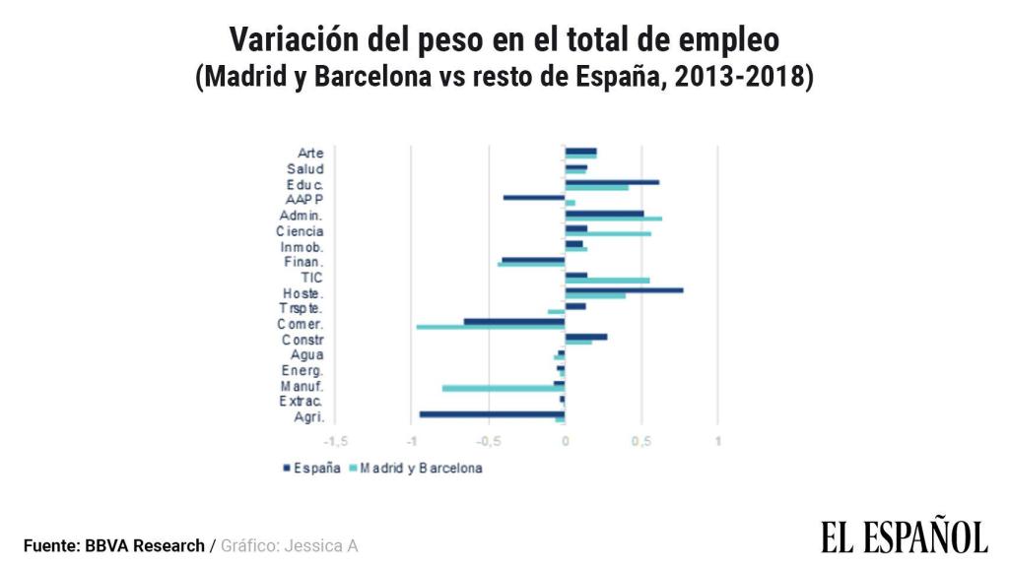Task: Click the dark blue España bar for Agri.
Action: coord(492,414)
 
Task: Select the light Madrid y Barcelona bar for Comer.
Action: coord(491,327)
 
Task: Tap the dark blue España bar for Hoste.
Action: coord(624,289)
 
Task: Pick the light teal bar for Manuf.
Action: coord(504,389)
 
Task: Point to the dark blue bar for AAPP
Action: coord(534,198)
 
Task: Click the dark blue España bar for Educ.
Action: coord(612,182)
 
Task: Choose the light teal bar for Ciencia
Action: coord(608,233)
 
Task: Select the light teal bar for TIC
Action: coord(607,281)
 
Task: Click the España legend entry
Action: coord(311,469)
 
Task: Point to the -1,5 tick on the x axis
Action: coord(336,440)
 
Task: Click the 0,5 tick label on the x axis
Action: coord(641,440)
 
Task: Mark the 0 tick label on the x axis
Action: coord(565,440)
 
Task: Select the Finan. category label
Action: coord(303,262)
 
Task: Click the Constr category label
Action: coord(303,340)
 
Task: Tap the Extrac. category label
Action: coord(302,402)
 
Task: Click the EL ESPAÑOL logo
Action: coord(904,536)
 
